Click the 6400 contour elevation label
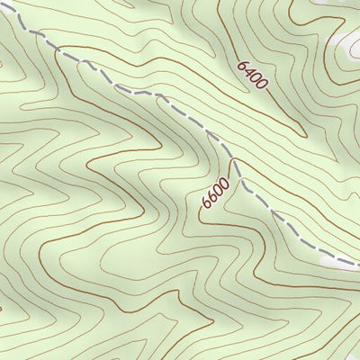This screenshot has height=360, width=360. [253, 76]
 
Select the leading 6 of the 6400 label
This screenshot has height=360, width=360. [243, 65]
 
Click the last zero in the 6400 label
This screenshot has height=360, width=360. [263, 86]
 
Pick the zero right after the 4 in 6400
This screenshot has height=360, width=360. [256, 79]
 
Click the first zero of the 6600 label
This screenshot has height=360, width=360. [219, 190]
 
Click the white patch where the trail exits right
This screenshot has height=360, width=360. [339, 261]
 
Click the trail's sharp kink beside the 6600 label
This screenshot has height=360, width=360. [233, 161]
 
